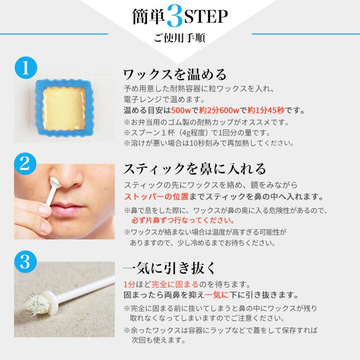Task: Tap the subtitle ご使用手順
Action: point(180,39)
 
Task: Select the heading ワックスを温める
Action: point(175,74)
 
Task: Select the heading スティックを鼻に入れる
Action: point(194,168)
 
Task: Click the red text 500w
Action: point(185,110)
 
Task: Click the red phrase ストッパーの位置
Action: point(150,197)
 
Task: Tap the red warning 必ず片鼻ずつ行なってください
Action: point(183,220)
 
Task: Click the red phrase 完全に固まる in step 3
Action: point(156,285)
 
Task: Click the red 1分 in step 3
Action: point(130,285)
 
